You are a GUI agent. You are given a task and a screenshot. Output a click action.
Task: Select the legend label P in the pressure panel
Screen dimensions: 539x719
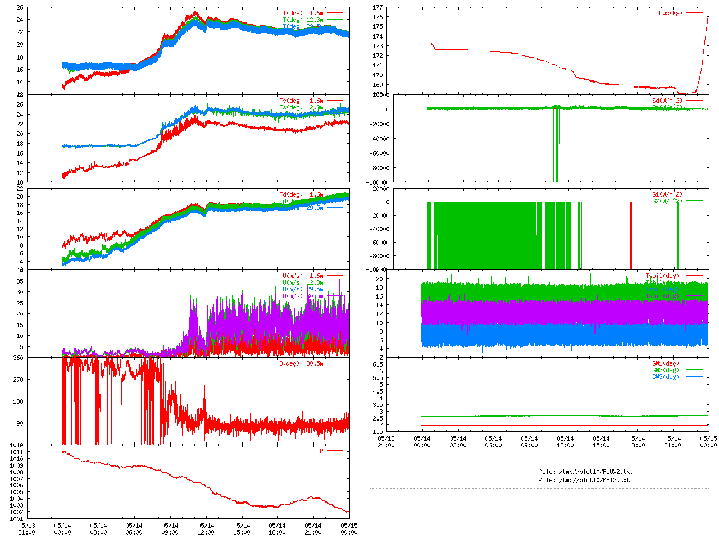pyautogui.click(x=322, y=451)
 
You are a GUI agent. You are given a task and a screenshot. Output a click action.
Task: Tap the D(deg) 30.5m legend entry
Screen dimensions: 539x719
pyautogui.click(x=301, y=363)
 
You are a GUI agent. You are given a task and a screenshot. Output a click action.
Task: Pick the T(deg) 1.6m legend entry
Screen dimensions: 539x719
pyautogui.click(x=303, y=13)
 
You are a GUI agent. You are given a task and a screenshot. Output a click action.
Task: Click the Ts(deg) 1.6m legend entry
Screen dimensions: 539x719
pyautogui.click(x=301, y=101)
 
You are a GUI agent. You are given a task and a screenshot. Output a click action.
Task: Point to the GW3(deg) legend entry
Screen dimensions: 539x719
pyautogui.click(x=665, y=377)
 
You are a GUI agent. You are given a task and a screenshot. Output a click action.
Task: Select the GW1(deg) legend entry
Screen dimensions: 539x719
pyautogui.click(x=665, y=363)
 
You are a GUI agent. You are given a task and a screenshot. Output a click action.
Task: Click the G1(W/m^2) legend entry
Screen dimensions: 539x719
pyautogui.click(x=667, y=194)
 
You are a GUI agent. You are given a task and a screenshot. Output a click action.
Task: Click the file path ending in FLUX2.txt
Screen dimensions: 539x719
pyautogui.click(x=586, y=472)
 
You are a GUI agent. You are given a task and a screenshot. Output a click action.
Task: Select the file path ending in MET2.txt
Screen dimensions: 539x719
pyautogui.click(x=584, y=480)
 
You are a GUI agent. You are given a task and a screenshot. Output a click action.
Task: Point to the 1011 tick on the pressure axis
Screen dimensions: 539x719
pyautogui.click(x=17, y=452)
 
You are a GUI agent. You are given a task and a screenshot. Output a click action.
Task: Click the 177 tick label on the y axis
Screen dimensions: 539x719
pyautogui.click(x=377, y=8)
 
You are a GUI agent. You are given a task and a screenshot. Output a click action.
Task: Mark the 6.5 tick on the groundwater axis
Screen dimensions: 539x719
pyautogui.click(x=377, y=364)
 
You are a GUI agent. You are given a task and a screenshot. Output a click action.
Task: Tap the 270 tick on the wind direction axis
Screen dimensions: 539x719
pyautogui.click(x=18, y=380)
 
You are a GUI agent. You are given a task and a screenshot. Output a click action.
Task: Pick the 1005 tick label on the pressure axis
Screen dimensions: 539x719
pyautogui.click(x=17, y=492)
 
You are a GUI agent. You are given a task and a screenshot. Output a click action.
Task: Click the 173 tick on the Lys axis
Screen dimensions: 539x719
pyautogui.click(x=377, y=46)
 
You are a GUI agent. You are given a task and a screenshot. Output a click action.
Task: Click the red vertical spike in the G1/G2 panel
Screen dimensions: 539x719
pyautogui.click(x=631, y=236)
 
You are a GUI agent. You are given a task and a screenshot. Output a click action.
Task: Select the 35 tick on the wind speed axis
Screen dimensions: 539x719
pyautogui.click(x=20, y=281)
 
